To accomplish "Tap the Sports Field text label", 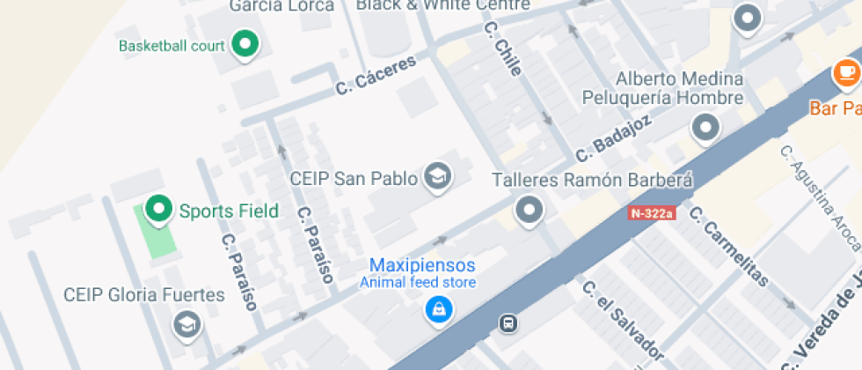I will [229, 211].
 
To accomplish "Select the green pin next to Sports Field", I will [158, 209].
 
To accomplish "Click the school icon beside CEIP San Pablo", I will [437, 177].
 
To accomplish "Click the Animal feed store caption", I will [418, 283].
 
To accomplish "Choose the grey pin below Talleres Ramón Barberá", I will [529, 211].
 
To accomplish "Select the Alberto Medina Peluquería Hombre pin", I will [705, 128].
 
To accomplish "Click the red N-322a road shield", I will [652, 213].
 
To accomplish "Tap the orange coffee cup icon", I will [847, 72].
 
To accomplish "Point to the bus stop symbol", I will [508, 323].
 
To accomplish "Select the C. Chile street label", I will [502, 50].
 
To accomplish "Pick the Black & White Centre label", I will [442, 5].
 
